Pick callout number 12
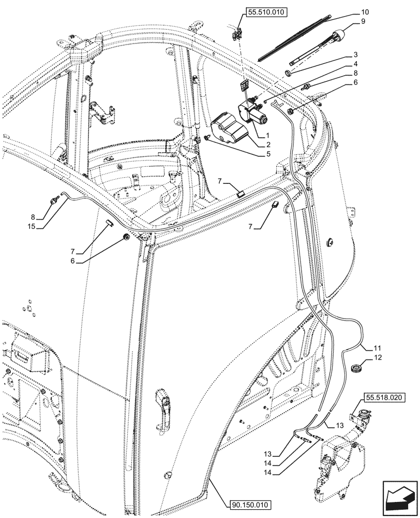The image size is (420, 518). click(378, 357)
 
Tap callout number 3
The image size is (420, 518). click(356, 54)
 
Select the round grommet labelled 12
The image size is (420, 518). click(355, 368)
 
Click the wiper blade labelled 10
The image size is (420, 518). click(295, 36)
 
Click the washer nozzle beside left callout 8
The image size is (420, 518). click(53, 199)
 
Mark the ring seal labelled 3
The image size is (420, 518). click(289, 73)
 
